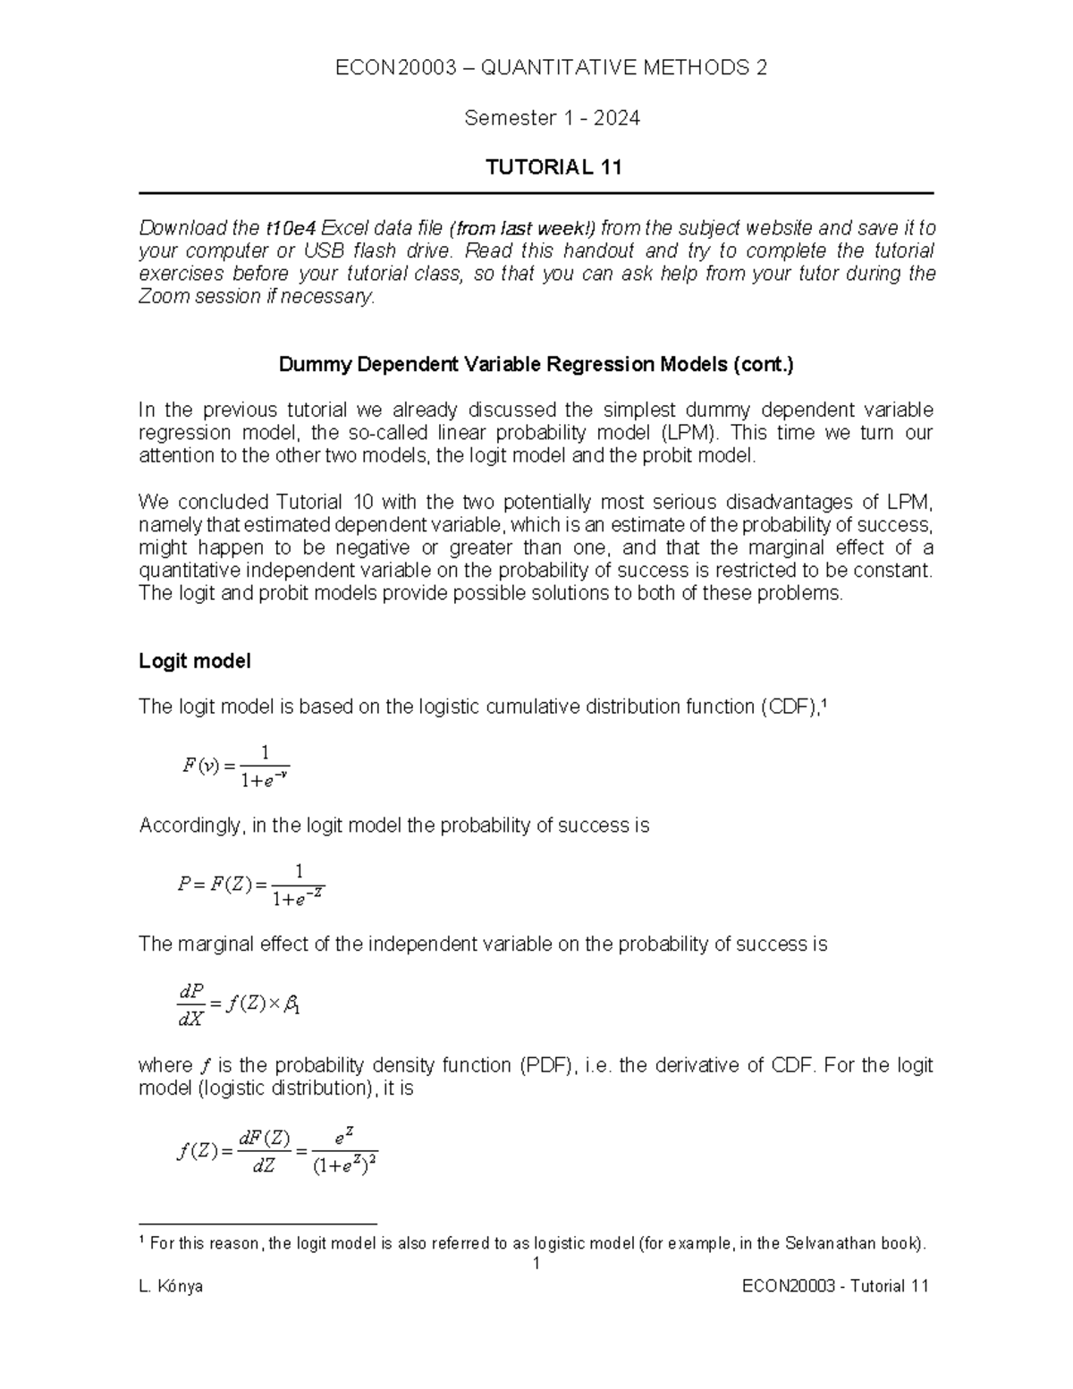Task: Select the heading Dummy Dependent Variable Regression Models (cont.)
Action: click(536, 365)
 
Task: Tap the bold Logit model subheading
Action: click(194, 661)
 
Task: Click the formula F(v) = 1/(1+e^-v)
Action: click(235, 766)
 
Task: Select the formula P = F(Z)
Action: click(250, 885)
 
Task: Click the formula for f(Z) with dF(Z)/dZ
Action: click(277, 1152)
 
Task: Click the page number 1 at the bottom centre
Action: click(536, 1264)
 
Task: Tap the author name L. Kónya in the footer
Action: click(171, 1286)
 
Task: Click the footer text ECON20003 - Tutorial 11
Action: click(836, 1286)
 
